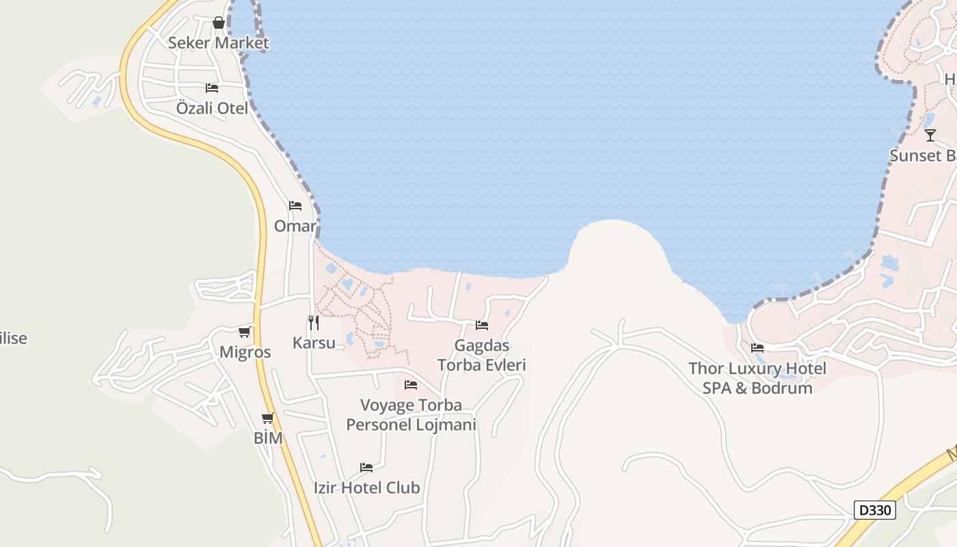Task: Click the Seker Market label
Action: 218,43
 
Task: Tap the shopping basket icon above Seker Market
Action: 219,23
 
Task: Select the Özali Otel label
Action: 212,108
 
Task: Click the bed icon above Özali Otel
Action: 212,88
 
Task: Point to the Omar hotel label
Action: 295,226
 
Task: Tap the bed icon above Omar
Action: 295,206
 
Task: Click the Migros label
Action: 245,353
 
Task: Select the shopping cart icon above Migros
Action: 245,332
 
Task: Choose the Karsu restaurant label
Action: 314,343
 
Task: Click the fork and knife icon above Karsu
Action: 314,323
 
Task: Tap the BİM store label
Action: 268,438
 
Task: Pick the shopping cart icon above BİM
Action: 268,418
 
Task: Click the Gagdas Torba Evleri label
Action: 482,356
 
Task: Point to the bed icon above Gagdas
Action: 482,325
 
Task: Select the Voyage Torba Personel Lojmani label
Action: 411,415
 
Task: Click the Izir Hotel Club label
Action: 366,488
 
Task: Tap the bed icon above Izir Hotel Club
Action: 366,468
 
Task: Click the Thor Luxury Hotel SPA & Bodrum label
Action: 757,378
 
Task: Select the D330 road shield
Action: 874,510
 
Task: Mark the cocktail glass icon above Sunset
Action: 930,135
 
